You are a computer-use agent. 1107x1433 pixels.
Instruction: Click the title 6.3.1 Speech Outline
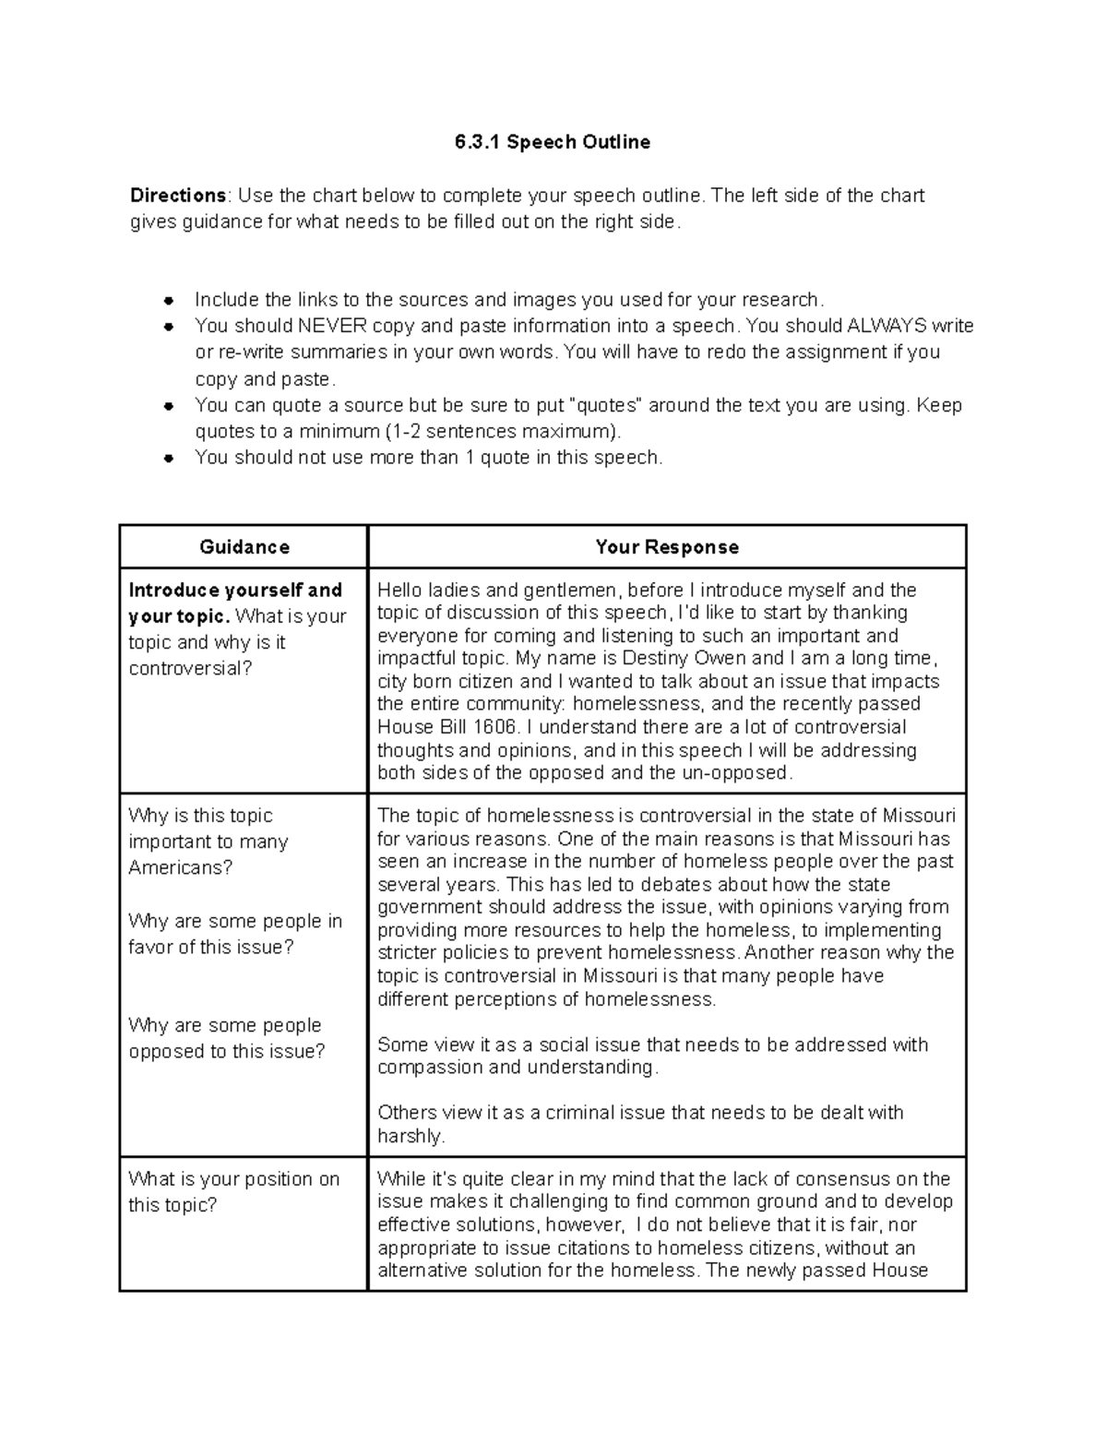point(552,142)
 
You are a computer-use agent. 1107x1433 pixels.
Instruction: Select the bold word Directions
point(177,196)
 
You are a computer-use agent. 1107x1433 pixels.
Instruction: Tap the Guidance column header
point(244,547)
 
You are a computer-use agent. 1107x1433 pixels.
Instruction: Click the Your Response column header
point(666,547)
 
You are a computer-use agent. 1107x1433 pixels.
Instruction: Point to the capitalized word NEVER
point(332,326)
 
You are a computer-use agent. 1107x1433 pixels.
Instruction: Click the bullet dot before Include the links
point(168,300)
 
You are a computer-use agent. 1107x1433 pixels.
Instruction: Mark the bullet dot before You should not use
point(168,458)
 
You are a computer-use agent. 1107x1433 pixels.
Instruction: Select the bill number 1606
point(495,727)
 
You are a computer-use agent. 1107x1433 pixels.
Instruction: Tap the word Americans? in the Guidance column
point(181,867)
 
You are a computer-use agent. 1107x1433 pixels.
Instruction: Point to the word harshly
point(410,1137)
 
